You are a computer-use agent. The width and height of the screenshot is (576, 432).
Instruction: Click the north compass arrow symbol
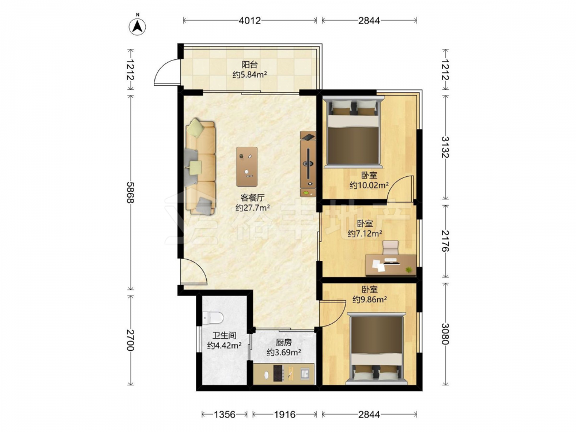tap(138, 26)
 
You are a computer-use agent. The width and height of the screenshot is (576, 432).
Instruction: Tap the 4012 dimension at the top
tap(250, 21)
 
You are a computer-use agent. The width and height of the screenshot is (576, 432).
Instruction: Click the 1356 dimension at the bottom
tap(225, 415)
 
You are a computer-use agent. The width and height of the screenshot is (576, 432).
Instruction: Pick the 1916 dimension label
tap(285, 415)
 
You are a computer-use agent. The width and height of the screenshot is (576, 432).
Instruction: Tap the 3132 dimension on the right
tap(446, 147)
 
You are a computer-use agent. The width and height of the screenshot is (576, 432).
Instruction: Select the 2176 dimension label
tap(446, 241)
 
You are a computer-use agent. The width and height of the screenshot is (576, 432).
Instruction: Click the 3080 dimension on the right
tap(446, 334)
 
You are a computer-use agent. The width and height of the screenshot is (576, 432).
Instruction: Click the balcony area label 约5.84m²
tap(249, 75)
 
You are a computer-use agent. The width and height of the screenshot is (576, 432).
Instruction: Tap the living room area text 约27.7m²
tap(253, 208)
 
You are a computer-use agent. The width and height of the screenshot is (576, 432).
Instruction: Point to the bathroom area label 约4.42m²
tap(224, 346)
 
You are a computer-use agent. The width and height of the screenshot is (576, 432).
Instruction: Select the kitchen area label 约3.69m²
tap(284, 353)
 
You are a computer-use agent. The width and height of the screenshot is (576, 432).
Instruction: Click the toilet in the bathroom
tap(213, 317)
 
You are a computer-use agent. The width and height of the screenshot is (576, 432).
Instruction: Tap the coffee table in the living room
tap(247, 166)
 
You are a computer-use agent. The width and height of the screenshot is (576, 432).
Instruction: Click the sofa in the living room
tap(200, 166)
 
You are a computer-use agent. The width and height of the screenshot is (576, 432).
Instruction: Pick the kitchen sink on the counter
tap(305, 374)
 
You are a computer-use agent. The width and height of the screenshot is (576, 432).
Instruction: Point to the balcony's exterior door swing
tap(166, 72)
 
